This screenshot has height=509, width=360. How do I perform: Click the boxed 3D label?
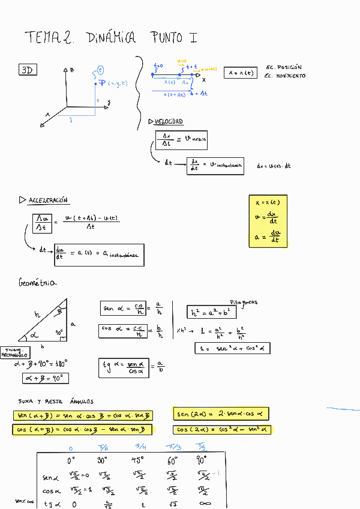coord(27,70)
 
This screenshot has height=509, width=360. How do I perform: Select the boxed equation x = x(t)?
coord(239,73)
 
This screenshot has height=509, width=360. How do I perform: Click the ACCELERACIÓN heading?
coord(49,200)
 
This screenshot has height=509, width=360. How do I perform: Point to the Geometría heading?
coord(38,282)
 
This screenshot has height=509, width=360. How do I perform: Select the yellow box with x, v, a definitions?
coord(268,221)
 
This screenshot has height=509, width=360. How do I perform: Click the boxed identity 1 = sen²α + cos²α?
coord(233,348)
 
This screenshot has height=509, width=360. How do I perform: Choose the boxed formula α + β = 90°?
coord(46,378)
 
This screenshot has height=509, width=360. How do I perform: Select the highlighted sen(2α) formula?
coord(221,414)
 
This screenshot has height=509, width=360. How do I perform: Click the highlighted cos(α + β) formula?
coord(82,430)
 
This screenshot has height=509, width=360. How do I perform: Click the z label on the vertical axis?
coord(72,70)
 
